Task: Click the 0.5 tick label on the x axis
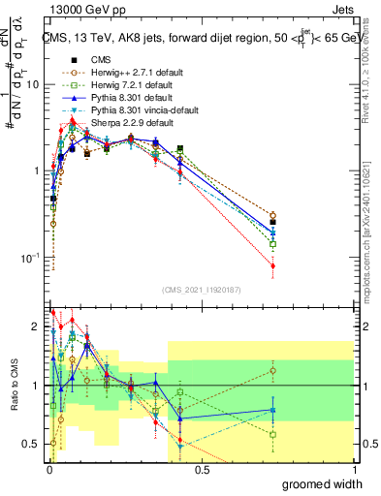coord(202,469)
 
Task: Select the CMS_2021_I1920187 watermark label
coord(202,290)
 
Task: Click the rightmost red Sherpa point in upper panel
coord(273,265)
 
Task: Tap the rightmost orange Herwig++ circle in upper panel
coord(273,215)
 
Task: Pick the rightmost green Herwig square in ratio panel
coord(273,434)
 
